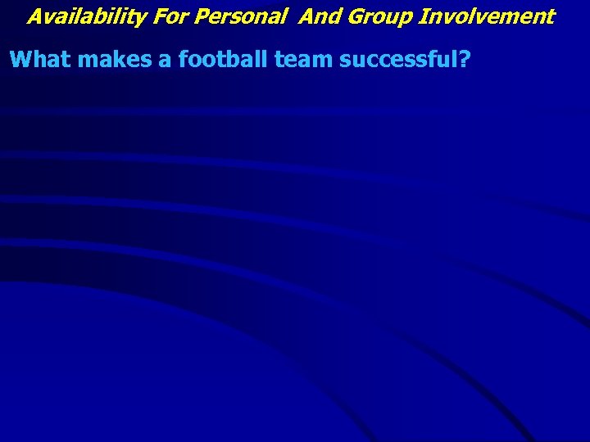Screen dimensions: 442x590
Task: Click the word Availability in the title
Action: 76,16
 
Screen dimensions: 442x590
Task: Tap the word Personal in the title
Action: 232,16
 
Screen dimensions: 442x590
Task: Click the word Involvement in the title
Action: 487,16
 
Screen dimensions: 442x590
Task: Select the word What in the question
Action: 38,59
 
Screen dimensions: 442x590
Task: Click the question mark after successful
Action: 464,59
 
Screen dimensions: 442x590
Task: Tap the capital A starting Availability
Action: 34,16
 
